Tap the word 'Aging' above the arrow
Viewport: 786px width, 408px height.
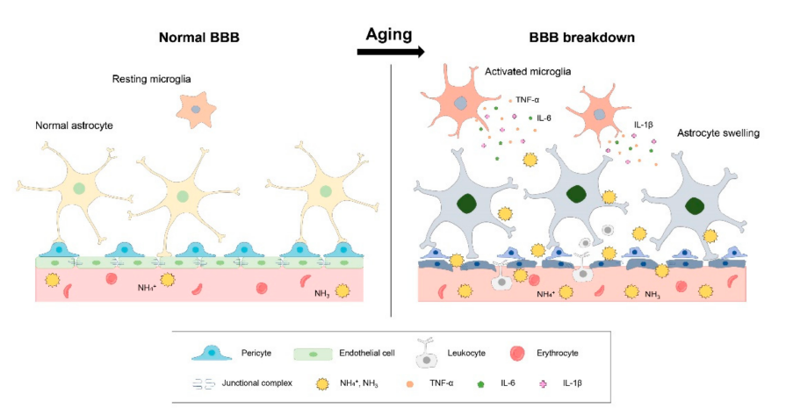coord(390,34)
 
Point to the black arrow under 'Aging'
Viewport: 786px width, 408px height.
coord(391,53)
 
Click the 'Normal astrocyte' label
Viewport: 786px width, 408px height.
coord(75,125)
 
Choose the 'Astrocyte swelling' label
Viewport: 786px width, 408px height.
coord(717,133)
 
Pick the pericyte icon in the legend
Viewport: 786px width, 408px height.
coord(211,352)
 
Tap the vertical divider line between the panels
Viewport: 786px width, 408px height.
coord(391,193)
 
